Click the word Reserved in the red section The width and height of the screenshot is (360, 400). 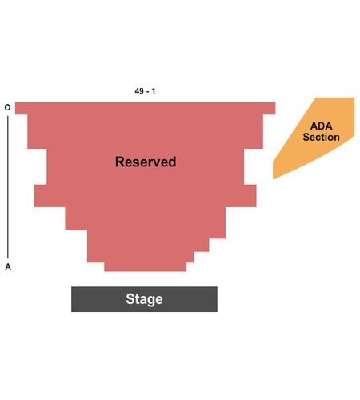pos(146,162)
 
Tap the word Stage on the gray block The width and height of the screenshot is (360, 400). pos(144,299)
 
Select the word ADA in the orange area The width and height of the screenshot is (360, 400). pos(322,126)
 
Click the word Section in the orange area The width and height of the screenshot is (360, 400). pos(321,137)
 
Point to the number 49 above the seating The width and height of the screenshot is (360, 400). pos(139,91)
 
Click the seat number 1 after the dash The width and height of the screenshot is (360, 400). pos(154,91)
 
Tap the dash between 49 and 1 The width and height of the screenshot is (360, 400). pos(147,92)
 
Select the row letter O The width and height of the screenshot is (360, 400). pos(8,107)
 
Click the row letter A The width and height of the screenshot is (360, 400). pos(8,266)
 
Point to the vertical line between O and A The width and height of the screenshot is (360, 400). pos(8,187)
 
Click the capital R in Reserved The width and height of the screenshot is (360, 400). pos(119,162)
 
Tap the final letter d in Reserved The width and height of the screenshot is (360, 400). pos(173,162)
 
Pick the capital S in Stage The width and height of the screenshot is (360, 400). pos(130,299)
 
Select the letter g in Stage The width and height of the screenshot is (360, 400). pos(151,301)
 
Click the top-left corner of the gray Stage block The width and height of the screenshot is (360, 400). pos(71,287)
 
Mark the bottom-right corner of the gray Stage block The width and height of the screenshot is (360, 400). pos(217,311)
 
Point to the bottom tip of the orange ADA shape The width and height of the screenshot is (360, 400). pos(274,179)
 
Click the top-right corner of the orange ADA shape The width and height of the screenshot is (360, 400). pos(354,98)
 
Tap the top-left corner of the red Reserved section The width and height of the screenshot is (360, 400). pos(15,102)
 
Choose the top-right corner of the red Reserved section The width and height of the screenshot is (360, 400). pos(275,102)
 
